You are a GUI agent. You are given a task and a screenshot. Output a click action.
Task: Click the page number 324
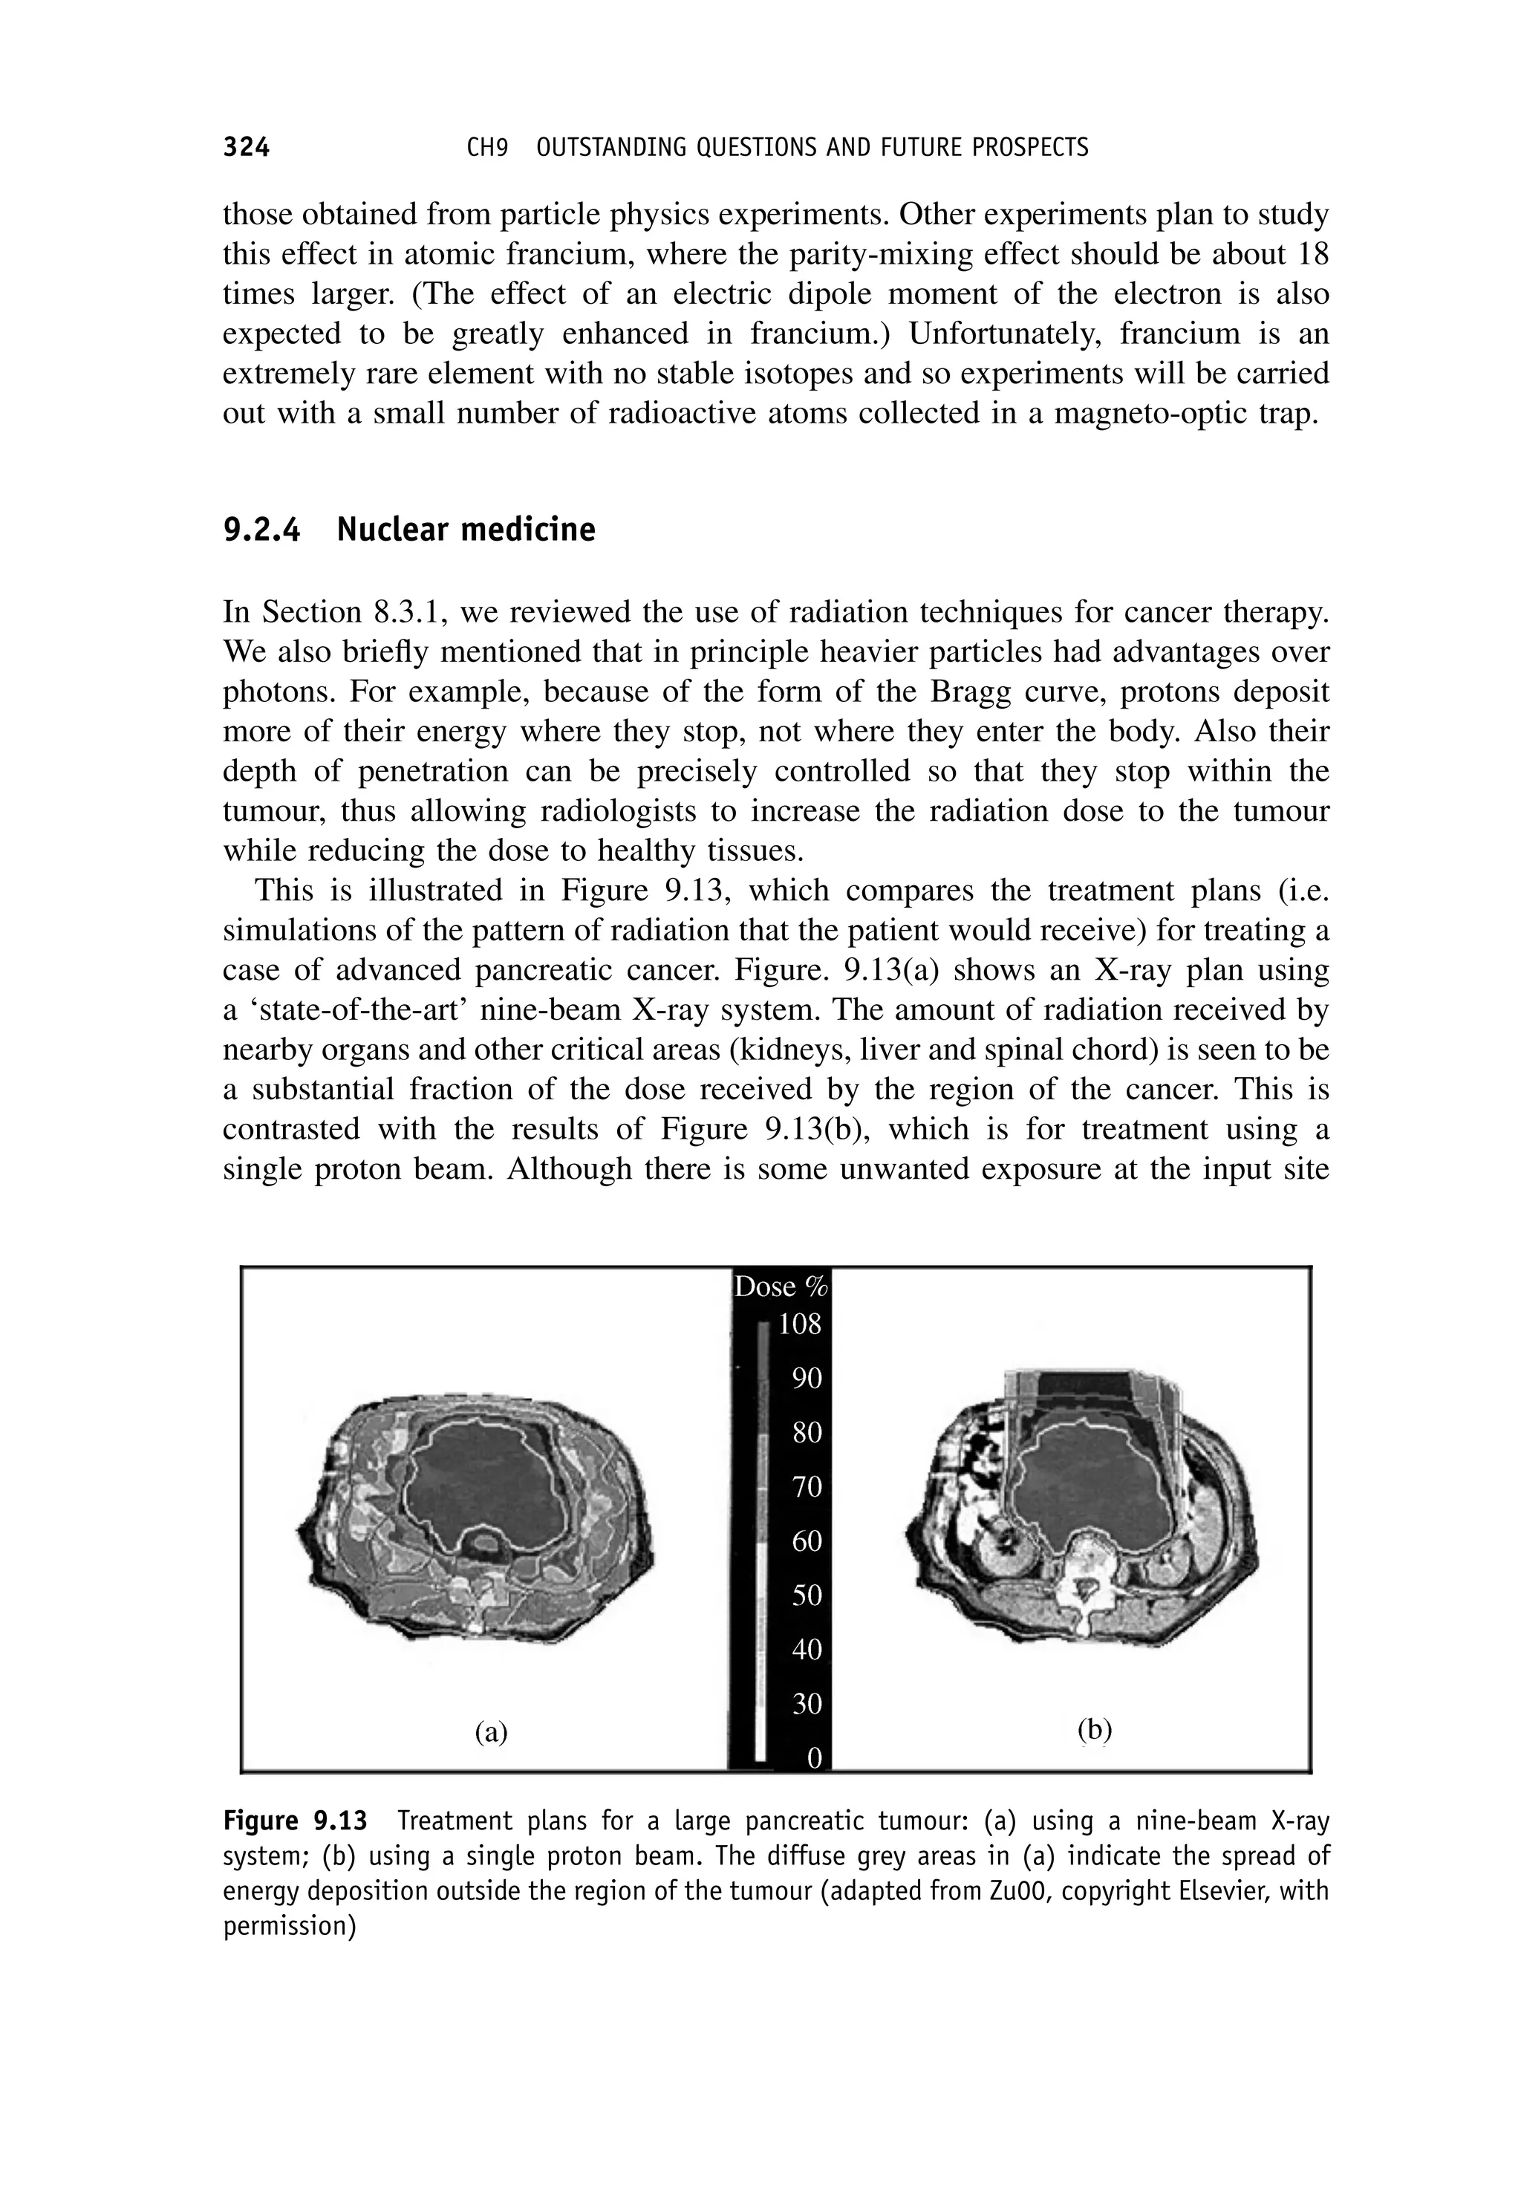click(x=246, y=147)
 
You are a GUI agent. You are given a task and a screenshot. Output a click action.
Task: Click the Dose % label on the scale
click(x=780, y=1286)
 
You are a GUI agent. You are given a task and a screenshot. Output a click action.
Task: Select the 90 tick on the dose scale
click(x=807, y=1377)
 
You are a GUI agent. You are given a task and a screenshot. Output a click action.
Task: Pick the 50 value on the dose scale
click(x=807, y=1595)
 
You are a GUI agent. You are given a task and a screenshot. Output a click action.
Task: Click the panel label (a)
click(x=491, y=1731)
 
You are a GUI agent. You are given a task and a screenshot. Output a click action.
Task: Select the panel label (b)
click(x=1094, y=1728)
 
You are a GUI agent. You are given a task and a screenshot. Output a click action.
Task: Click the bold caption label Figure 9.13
click(x=295, y=1821)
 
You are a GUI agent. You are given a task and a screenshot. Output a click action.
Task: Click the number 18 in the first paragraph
click(x=1312, y=255)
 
